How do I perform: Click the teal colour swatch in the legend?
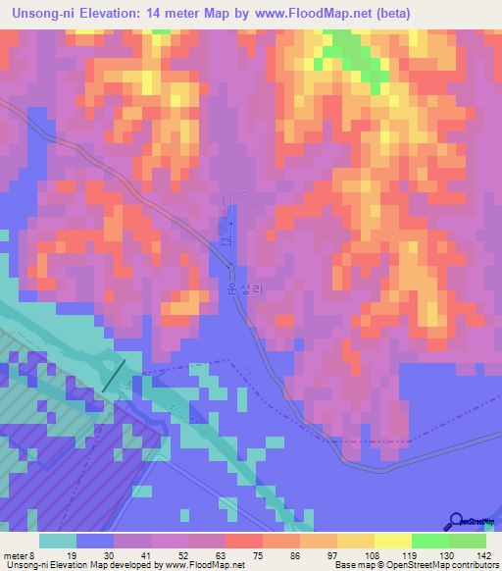(58, 540)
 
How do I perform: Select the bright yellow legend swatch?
(392, 540)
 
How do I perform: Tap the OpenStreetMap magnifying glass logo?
(458, 521)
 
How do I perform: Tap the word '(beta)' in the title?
(388, 13)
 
